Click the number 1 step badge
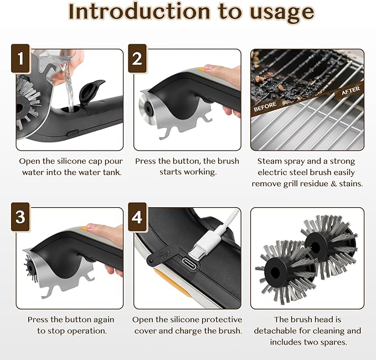click(x=20, y=59)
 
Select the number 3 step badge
click(x=20, y=217)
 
